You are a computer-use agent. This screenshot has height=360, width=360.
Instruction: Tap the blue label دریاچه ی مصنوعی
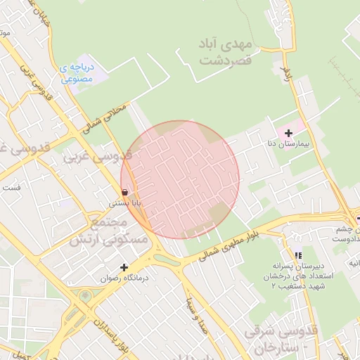pyautogui.click(x=77, y=73)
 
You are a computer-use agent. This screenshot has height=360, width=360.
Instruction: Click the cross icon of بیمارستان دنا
pyautogui.click(x=288, y=133)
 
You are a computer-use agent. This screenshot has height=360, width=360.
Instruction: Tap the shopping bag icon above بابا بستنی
pyautogui.click(x=124, y=191)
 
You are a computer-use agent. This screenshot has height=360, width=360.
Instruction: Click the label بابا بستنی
pyautogui.click(x=124, y=202)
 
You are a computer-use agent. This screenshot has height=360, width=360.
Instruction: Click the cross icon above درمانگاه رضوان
pyautogui.click(x=124, y=267)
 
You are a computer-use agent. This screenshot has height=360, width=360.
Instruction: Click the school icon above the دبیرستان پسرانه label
pyautogui.click(x=298, y=256)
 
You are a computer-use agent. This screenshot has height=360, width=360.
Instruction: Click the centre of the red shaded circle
pyautogui.click(x=180, y=179)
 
